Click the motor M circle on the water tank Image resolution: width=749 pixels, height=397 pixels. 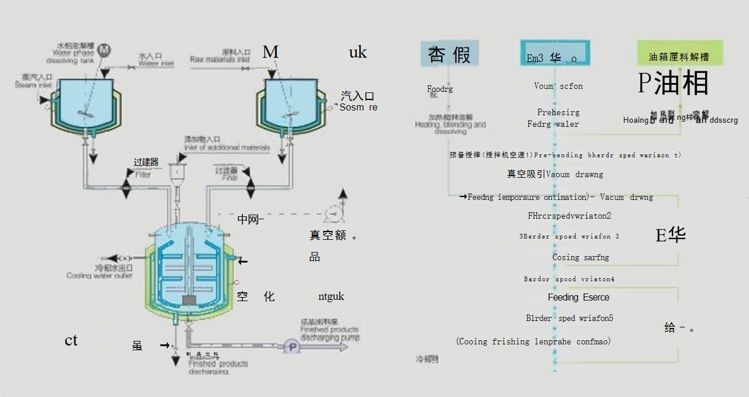point(104,50)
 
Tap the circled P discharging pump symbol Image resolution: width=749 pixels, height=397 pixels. point(291,347)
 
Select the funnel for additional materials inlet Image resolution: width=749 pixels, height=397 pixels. point(176,171)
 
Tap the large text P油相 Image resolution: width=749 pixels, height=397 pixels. point(673,83)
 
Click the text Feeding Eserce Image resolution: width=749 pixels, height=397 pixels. point(578,297)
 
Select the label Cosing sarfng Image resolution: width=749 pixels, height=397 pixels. point(580,257)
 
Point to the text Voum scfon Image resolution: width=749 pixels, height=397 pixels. point(558,86)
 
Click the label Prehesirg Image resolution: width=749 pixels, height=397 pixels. point(558,112)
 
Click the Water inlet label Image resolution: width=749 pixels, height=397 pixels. point(156,60)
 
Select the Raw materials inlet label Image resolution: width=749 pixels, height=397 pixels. point(220,56)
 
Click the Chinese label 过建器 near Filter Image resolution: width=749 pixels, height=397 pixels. point(146,162)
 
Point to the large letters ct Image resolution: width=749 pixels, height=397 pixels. point(71,340)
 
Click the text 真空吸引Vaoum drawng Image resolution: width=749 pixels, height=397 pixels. point(555,174)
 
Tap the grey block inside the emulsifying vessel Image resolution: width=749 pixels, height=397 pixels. point(189,300)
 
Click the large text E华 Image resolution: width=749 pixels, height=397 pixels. point(671,235)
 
